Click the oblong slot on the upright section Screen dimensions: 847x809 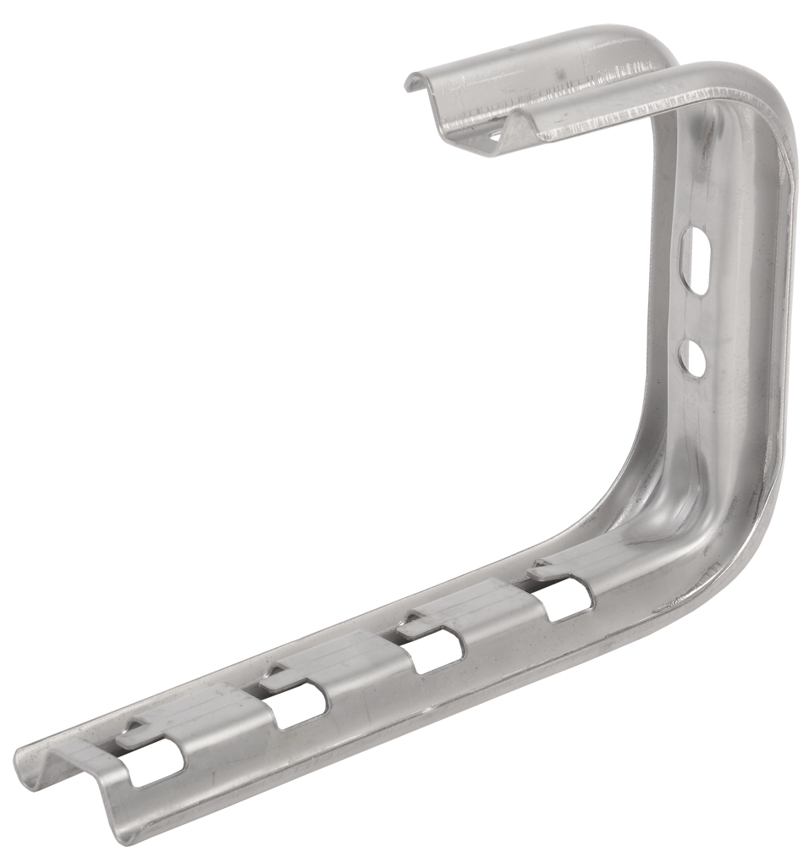(694, 259)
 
